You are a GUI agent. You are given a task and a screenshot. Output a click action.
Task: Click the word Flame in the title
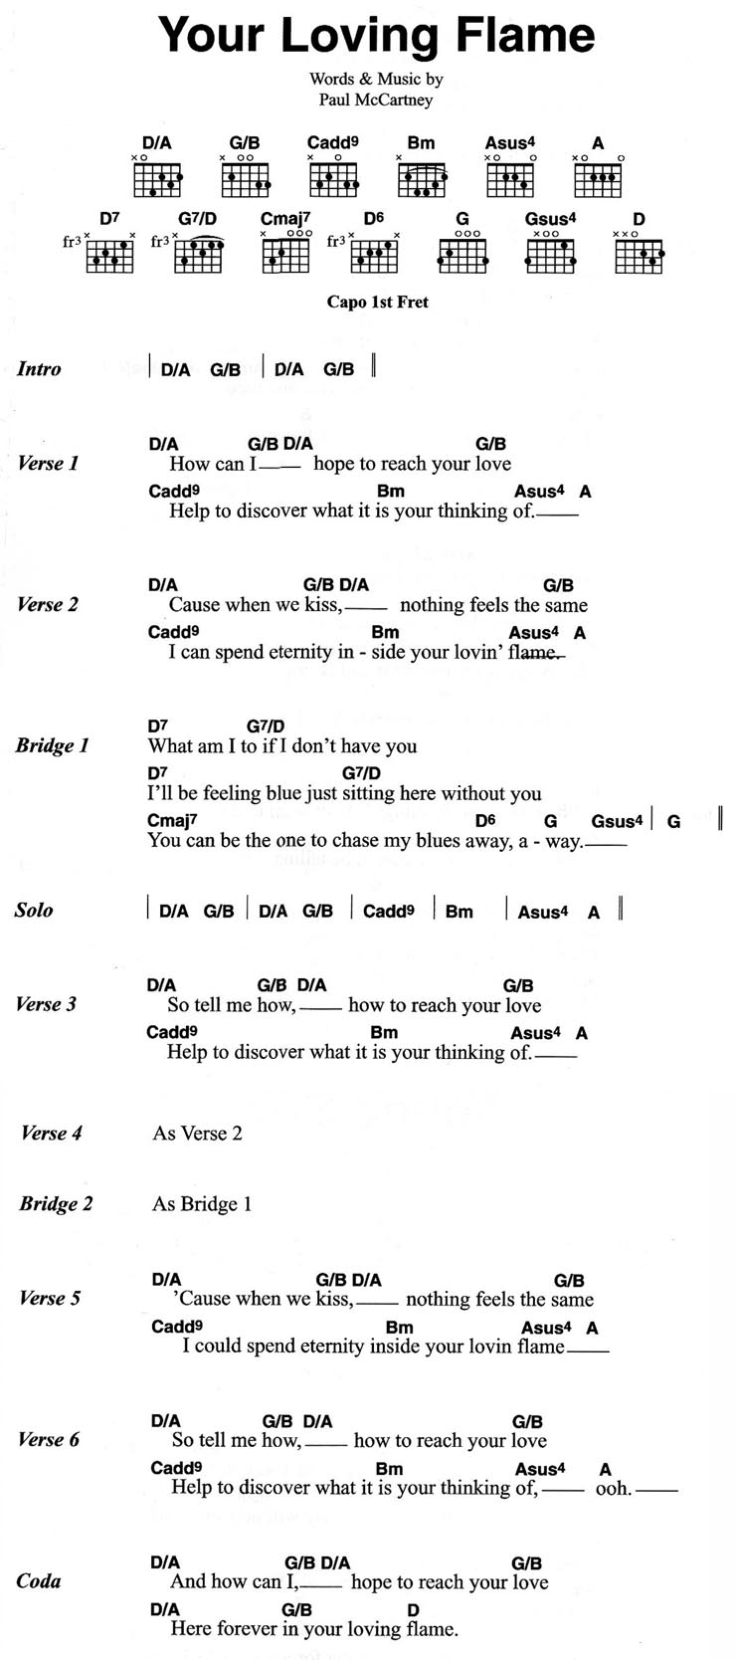525,35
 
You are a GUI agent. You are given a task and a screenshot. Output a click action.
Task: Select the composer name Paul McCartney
375,100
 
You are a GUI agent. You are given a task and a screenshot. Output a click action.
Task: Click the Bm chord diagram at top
422,180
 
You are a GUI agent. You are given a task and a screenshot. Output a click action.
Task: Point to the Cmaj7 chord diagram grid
285,256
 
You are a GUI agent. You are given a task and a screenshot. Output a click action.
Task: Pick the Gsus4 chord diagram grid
550,256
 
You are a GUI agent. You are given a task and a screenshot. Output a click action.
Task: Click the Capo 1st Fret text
378,302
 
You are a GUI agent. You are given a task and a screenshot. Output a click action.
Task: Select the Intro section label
39,368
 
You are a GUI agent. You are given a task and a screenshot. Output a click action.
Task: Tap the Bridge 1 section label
52,745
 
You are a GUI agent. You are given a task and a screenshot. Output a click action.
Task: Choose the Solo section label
34,910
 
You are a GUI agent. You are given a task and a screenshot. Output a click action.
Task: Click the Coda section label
39,1580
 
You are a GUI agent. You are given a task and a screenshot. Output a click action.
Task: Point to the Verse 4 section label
51,1133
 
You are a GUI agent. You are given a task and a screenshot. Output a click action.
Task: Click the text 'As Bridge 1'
201,1203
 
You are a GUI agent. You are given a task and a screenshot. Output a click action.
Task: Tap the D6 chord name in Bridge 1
485,820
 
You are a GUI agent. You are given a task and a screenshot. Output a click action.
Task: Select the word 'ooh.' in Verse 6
614,1488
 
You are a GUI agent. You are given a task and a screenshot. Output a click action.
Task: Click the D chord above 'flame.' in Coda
413,1609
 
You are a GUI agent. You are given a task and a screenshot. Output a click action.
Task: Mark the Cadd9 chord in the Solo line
388,911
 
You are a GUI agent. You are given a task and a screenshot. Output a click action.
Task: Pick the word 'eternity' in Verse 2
300,652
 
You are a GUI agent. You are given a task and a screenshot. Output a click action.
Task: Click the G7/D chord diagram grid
199,256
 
